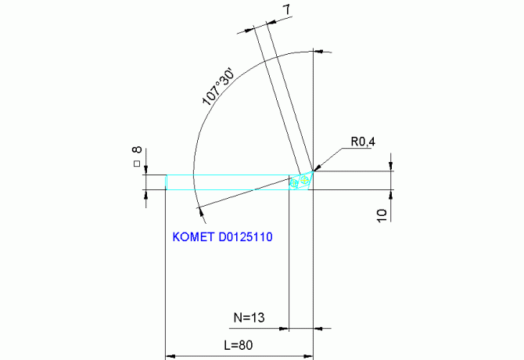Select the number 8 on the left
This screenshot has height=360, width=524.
[x=137, y=150]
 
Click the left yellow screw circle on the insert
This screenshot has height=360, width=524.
[x=296, y=184]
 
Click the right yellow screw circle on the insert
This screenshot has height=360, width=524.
[x=306, y=179]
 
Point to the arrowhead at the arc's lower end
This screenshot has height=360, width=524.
[x=200, y=207]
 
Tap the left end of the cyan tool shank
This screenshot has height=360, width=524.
[x=165, y=182]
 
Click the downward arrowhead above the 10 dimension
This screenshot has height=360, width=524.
[x=391, y=166]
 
